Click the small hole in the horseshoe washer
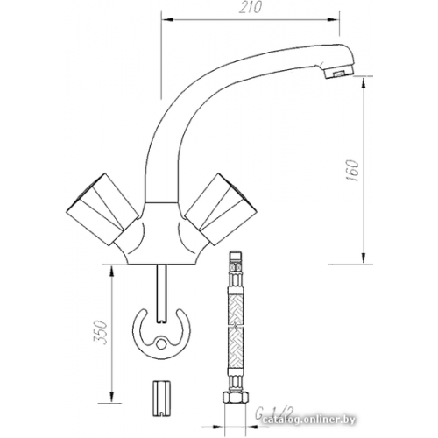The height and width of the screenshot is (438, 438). (x=163, y=343)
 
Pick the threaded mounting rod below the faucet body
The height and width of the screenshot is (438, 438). (x=164, y=285)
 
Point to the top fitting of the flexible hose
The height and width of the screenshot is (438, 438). (x=234, y=262)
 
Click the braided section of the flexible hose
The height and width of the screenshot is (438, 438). (x=234, y=333)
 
